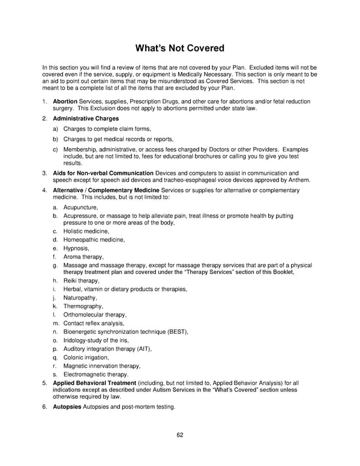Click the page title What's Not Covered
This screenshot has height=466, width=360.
pos(180,48)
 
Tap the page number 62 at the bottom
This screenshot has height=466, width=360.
pos(180,435)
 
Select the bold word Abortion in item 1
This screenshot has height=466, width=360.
pos(65,101)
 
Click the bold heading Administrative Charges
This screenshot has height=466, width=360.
pos(86,119)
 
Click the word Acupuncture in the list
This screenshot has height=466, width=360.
pos(80,207)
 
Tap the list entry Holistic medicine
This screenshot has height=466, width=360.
pos(86,231)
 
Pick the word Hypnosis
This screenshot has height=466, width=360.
pos(76,248)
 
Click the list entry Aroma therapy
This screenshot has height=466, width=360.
pos(83,256)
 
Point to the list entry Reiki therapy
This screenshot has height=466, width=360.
pos(82,280)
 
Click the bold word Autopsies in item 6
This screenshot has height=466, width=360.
pos(67,407)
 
